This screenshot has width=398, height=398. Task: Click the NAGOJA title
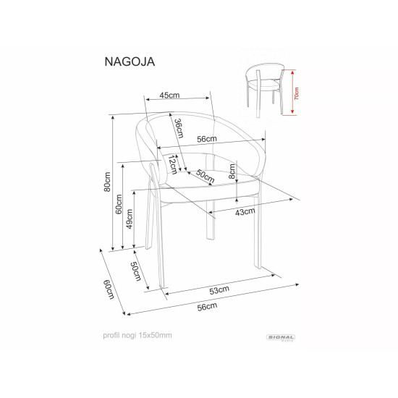click(130, 62)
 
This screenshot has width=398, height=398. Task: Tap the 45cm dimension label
click(169, 96)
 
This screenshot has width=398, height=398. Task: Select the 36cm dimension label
click(179, 128)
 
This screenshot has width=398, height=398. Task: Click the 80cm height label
click(107, 182)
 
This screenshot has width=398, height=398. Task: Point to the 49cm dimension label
click(130, 219)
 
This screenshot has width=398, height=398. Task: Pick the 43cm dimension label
click(245, 211)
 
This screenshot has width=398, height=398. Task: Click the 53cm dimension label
click(219, 290)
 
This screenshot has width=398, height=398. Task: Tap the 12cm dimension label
click(172, 165)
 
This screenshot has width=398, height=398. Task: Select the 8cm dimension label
click(232, 171)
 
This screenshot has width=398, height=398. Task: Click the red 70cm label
click(297, 93)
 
